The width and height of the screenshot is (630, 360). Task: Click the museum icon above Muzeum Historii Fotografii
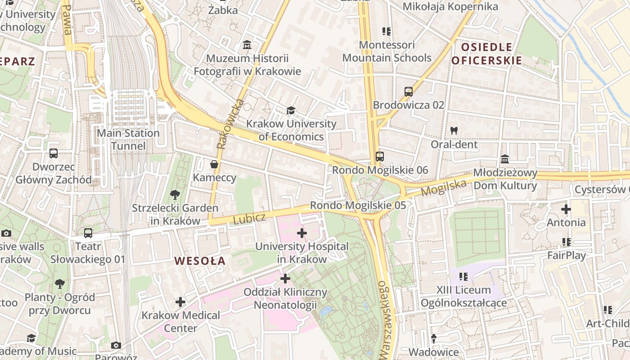[247, 45]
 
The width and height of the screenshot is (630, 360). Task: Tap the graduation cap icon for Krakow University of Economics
[291, 110]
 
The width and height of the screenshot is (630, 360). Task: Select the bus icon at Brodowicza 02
[408, 92]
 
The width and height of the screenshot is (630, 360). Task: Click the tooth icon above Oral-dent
[454, 131]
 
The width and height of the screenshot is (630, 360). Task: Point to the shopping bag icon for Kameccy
[214, 164]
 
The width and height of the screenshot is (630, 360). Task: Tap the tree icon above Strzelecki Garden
[175, 195]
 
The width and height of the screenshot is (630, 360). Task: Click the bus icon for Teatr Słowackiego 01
[88, 233]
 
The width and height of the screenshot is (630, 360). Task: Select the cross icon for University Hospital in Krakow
[302, 233]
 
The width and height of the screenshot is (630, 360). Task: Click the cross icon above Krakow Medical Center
[180, 302]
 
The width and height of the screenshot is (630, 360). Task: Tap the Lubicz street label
[249, 218]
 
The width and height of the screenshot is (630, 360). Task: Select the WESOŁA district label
[200, 261]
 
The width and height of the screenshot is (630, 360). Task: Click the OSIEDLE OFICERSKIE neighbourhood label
[486, 54]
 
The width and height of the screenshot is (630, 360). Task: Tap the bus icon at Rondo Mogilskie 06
[380, 157]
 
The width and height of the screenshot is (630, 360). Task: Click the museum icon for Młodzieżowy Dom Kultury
[505, 160]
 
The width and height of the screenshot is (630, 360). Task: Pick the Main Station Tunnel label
[128, 139]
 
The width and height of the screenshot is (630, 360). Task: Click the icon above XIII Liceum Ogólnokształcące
[463, 276]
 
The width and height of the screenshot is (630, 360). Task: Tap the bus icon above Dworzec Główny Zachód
[54, 153]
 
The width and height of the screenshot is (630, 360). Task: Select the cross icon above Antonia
[566, 209]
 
